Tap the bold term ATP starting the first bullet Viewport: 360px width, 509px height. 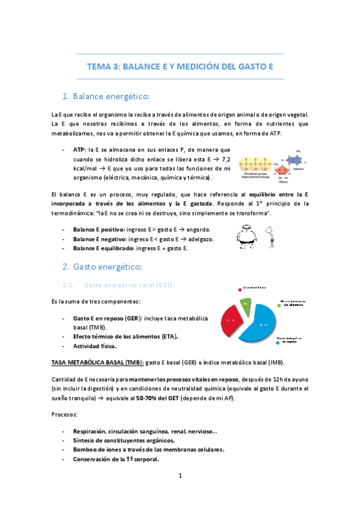click(x=79, y=149)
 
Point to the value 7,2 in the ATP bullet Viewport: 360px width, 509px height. click(x=225, y=159)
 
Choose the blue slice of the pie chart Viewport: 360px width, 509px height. click(x=260, y=324)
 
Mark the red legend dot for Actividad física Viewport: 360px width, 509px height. click(x=239, y=288)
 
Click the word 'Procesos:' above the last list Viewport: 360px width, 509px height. click(x=65, y=414)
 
